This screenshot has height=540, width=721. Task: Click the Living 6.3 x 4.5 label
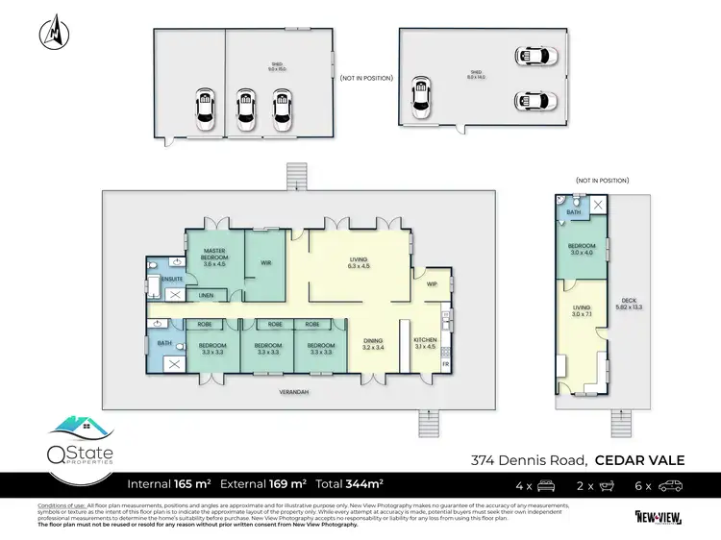(x=358, y=262)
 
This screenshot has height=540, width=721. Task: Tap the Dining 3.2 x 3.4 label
(x=372, y=344)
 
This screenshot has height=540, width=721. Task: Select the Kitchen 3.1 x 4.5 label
(x=424, y=344)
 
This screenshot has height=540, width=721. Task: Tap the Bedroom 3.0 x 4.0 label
(x=584, y=250)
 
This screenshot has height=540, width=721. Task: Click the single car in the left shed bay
(x=204, y=109)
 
